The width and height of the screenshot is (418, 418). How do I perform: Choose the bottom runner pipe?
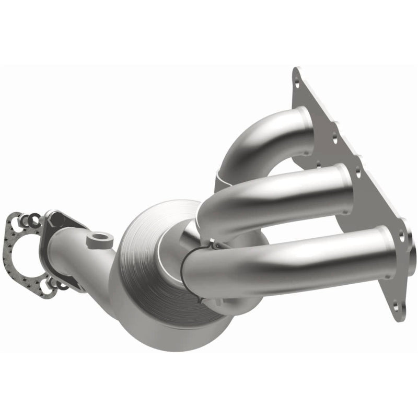(293, 259)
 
